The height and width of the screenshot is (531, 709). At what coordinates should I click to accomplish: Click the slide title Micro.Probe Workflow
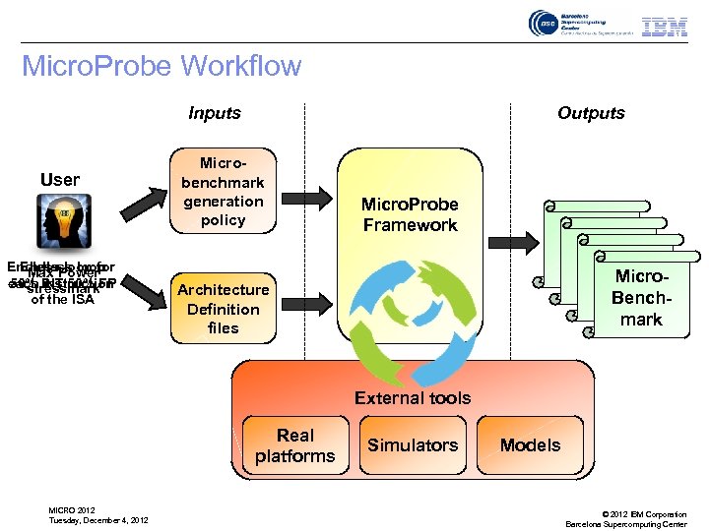point(161,67)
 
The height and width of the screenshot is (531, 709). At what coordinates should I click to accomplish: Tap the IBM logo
point(664,27)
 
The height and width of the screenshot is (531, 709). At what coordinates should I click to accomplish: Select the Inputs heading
point(215,113)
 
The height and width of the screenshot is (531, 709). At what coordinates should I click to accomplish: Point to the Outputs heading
point(591,113)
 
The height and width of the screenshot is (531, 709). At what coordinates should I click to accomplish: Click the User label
point(60,180)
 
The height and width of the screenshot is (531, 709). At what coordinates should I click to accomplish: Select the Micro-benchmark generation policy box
point(223,192)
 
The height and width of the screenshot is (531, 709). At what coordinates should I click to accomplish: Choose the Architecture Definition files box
point(223,309)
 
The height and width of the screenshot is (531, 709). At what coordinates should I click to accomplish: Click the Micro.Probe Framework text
point(410,214)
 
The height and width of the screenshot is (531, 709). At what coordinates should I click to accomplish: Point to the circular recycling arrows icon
point(410,304)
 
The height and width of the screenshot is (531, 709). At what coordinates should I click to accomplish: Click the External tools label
point(413,398)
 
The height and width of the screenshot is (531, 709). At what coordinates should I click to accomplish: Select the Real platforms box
point(294,445)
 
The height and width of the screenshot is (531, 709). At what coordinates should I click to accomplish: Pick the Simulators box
point(413,445)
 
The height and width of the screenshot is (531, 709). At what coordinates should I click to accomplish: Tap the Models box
point(530,445)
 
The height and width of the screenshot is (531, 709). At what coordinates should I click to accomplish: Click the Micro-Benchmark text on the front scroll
point(641,299)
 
